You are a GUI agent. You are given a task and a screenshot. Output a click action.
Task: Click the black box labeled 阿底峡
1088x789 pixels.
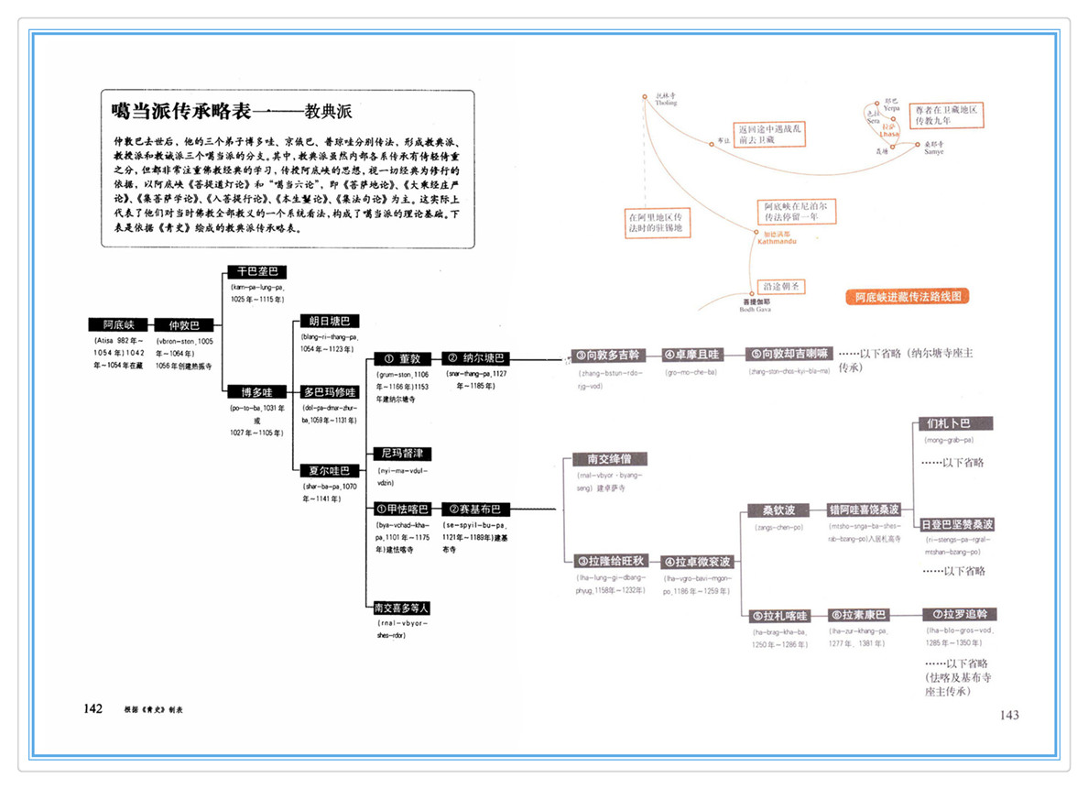118,324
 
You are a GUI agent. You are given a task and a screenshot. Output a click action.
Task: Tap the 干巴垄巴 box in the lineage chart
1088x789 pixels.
257,272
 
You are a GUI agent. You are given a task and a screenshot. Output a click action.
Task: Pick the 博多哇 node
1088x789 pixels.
256,391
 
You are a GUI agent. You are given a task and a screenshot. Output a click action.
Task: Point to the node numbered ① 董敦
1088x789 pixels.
401,358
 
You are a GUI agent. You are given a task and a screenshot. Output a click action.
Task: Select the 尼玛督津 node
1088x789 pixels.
402,454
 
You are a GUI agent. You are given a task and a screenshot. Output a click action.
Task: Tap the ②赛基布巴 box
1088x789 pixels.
475,509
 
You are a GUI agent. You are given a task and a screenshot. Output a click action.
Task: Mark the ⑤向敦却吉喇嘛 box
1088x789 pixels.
788,354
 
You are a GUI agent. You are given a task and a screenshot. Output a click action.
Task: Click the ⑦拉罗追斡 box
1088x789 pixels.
960,614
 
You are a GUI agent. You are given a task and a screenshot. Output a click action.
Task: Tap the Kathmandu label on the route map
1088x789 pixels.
776,241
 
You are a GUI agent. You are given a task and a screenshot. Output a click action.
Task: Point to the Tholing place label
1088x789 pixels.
666,103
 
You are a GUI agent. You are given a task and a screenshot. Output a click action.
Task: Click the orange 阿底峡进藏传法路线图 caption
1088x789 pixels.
906,297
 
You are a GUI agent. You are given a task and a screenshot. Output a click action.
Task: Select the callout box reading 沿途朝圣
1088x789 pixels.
781,287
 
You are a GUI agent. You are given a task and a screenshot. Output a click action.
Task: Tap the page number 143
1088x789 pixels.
1009,715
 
